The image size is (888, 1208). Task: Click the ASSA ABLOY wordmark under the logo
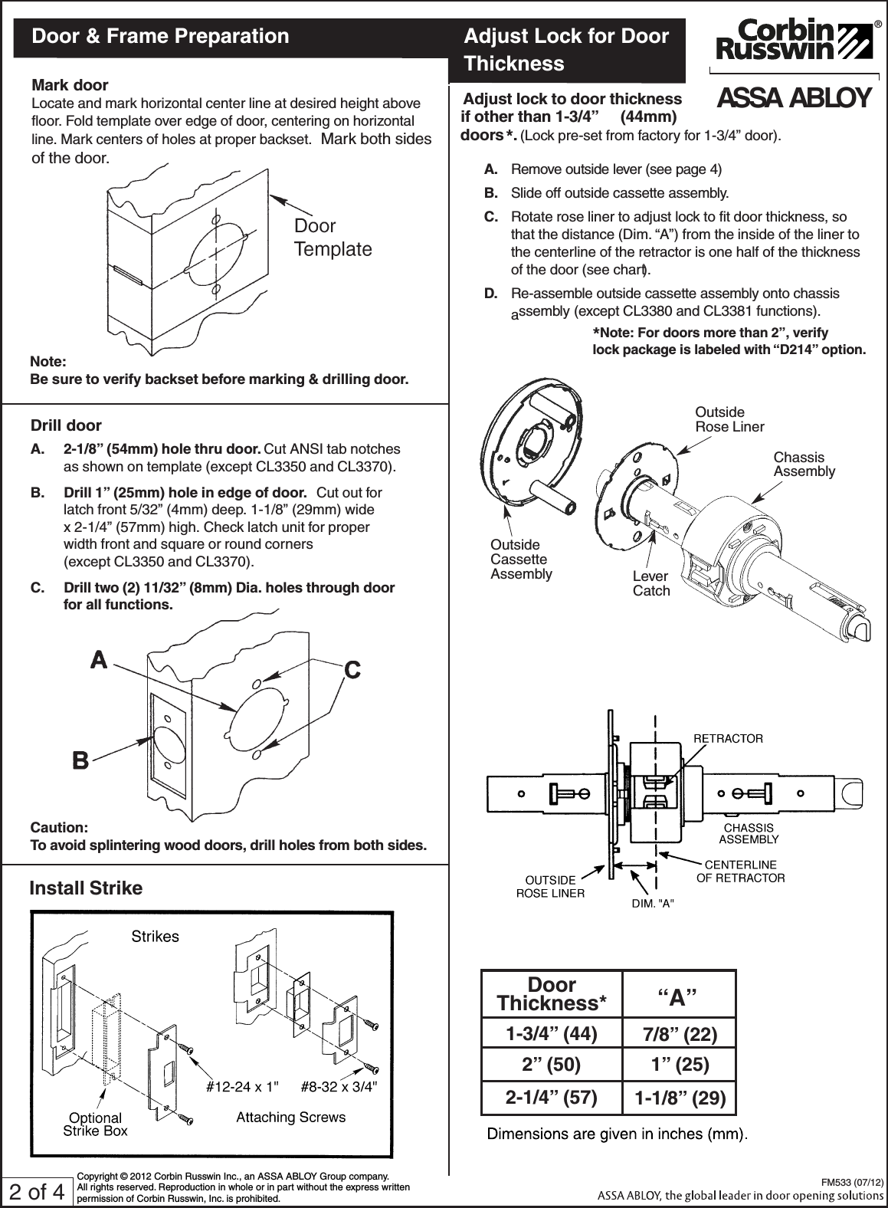794,98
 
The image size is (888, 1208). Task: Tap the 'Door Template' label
333,238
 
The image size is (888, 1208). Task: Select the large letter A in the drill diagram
99,659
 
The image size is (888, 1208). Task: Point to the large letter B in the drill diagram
80,761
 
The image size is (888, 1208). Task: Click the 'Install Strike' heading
86,888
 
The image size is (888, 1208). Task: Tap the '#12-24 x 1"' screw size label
244,1086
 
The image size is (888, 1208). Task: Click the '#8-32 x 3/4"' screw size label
339,1086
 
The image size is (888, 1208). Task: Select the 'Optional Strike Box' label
95,1124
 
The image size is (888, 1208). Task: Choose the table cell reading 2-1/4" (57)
551,1098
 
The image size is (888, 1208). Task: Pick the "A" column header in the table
678,998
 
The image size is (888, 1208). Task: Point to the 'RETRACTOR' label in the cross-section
728,738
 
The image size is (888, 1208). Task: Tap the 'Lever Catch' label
650,584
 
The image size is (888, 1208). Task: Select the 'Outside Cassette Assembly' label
520,559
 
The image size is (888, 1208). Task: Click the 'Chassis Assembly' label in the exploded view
804,464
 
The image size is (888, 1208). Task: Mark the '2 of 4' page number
36,1192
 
